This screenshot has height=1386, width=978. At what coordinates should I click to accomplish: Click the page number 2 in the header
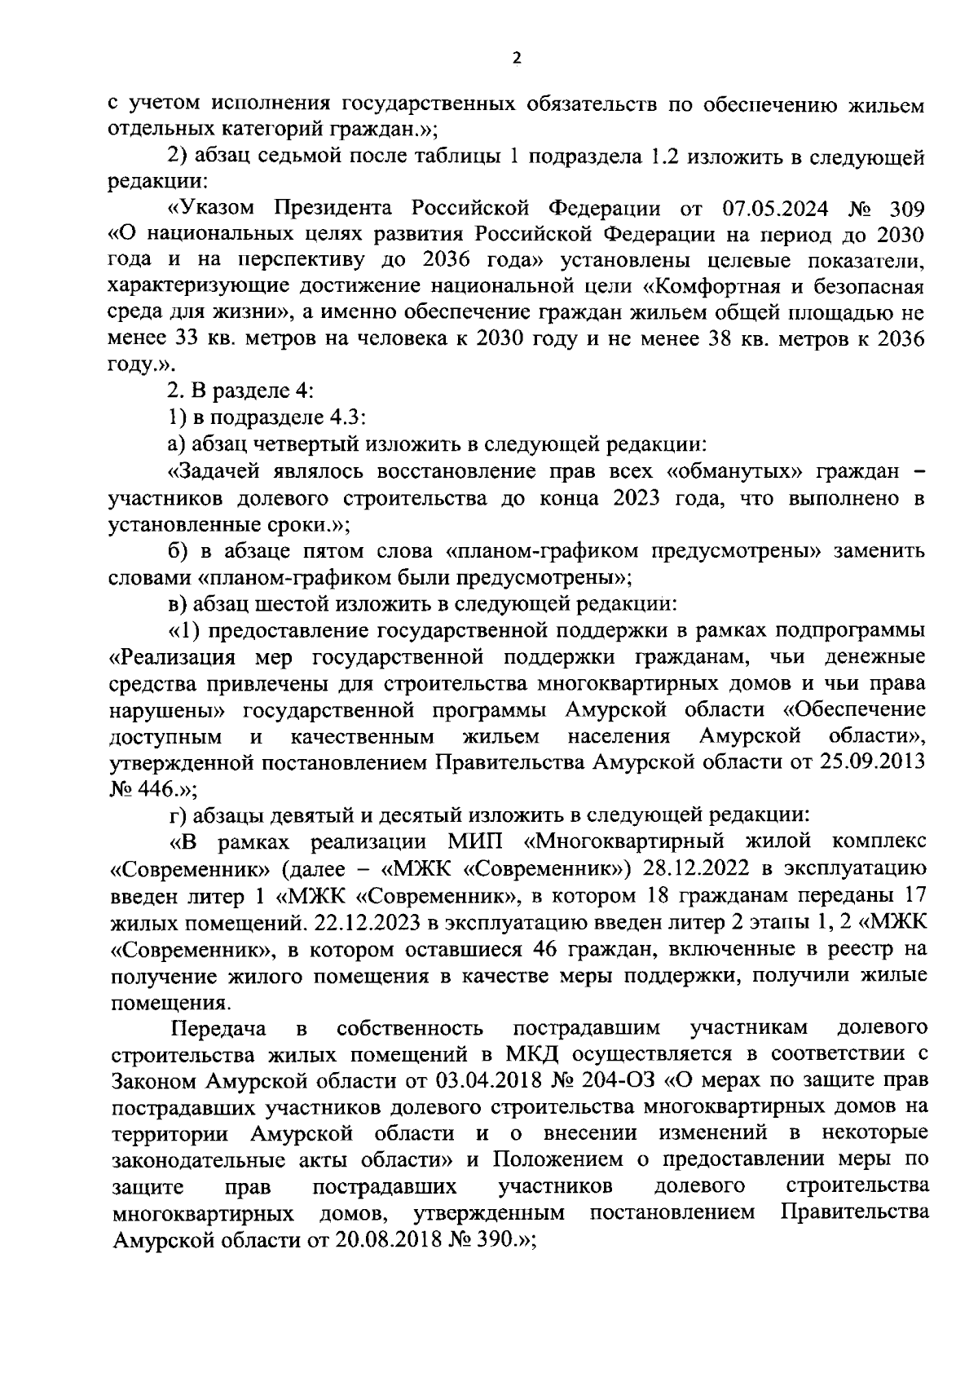click(514, 57)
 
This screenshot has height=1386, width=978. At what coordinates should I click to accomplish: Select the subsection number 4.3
click(346, 418)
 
